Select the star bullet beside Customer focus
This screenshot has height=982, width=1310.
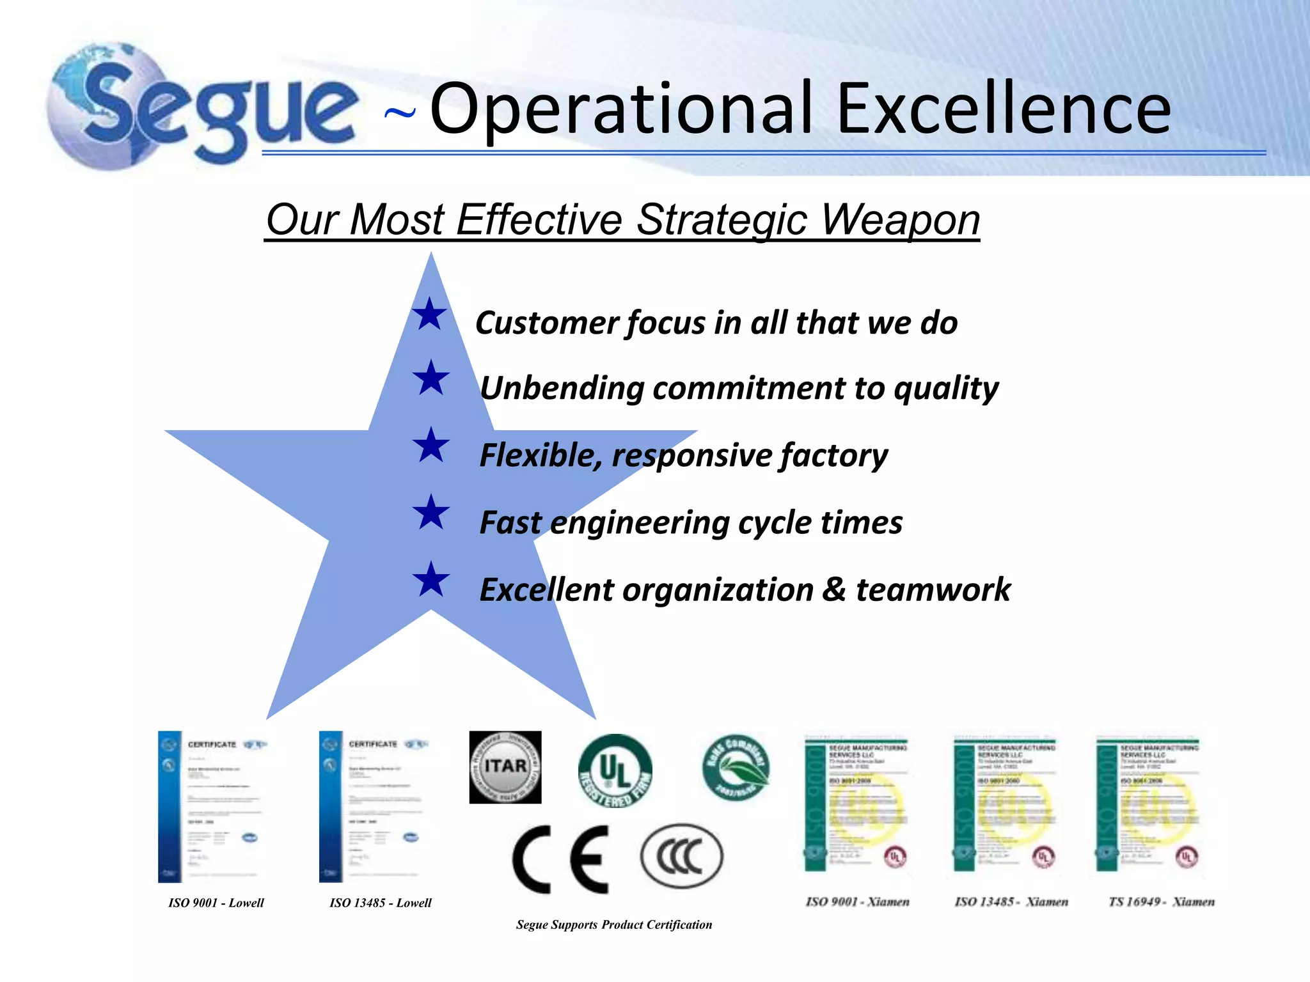tap(429, 315)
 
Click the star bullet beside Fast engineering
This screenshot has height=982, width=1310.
tap(431, 513)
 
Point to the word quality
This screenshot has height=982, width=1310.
tap(946, 388)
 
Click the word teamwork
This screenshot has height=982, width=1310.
tap(933, 589)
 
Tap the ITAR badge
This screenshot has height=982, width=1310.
tap(505, 767)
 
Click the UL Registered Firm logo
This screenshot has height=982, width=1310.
tap(615, 771)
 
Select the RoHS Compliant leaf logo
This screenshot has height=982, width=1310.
tap(736, 767)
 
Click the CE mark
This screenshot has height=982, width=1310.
tap(561, 859)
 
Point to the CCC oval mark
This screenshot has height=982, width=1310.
tap(681, 857)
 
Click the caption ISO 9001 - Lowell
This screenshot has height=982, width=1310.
tap(216, 903)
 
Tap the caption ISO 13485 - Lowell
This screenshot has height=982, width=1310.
tap(381, 903)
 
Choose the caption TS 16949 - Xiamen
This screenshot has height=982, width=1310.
tap(1161, 902)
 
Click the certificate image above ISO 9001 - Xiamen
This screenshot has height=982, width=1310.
tap(857, 804)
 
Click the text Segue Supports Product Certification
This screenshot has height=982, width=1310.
tap(614, 924)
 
